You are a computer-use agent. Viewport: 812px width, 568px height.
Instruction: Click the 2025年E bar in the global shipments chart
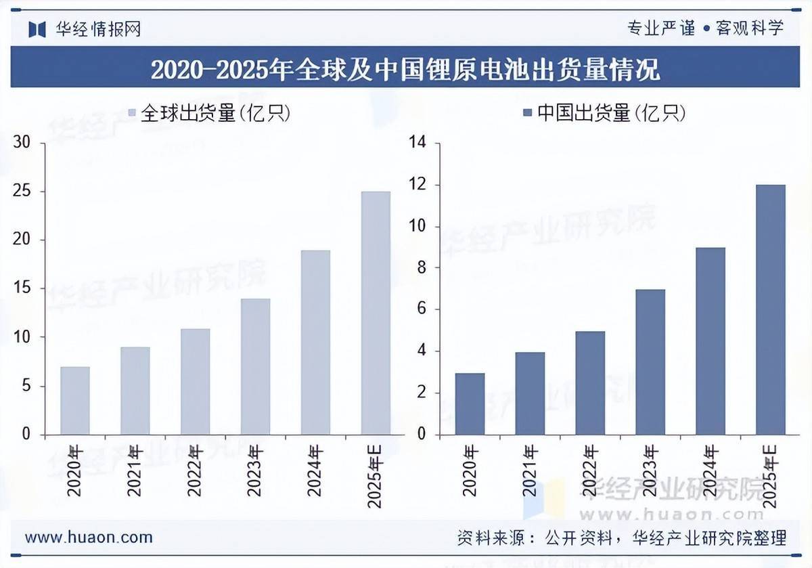(376, 313)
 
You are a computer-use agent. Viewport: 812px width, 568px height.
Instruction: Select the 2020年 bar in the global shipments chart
(74, 400)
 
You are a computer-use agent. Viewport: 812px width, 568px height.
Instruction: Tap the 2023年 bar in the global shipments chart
(255, 366)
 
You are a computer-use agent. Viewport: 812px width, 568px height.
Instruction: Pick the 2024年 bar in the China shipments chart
(710, 341)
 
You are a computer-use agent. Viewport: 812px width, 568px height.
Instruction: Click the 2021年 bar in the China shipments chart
(530, 393)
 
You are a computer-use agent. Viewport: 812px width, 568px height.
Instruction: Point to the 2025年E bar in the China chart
(771, 309)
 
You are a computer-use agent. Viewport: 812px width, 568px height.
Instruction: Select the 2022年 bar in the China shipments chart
(590, 383)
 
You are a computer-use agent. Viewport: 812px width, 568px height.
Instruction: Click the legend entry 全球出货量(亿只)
(210, 114)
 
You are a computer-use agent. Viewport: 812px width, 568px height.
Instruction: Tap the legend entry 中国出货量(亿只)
(605, 114)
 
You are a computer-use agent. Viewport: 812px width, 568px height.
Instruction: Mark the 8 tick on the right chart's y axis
(421, 268)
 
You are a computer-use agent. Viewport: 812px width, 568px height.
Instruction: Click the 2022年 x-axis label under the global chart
(195, 471)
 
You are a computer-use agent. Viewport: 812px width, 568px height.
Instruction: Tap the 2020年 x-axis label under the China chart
(470, 471)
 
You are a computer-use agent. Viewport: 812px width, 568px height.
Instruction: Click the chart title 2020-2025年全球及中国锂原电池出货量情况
(405, 69)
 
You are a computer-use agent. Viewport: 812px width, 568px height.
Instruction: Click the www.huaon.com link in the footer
(89, 538)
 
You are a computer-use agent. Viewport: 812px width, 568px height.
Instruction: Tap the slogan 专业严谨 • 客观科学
(706, 28)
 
